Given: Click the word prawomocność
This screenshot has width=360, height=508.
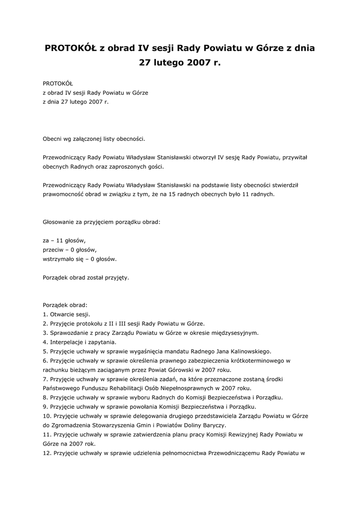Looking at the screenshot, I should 64,194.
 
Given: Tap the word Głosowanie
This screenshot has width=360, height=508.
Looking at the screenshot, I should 59,222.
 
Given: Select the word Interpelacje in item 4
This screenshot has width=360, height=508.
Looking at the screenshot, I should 68,342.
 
